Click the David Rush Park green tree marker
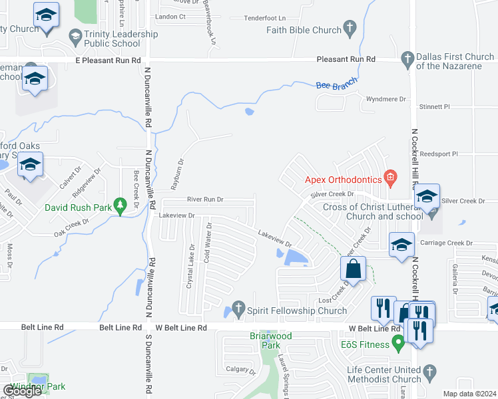[x=120, y=207]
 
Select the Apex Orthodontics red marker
[x=390, y=179]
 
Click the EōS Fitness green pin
[x=399, y=344]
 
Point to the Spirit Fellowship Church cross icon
[x=238, y=310]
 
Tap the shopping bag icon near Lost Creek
[x=352, y=269]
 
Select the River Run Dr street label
[x=205, y=199]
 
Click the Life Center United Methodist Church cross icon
[x=429, y=372]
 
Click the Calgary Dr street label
[x=240, y=370]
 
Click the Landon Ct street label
[x=170, y=17]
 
